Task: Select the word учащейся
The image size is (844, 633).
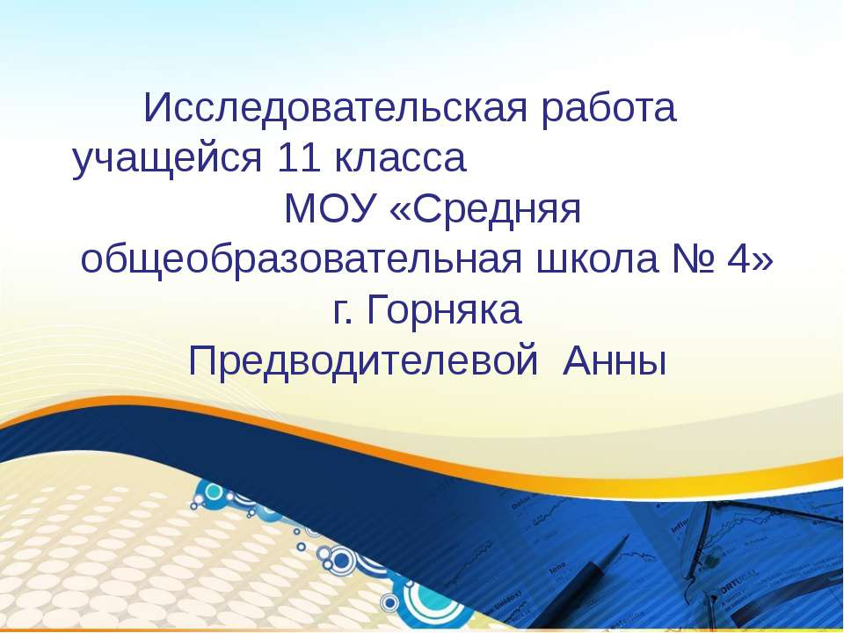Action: [x=167, y=159]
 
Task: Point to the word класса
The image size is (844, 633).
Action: [x=400, y=160]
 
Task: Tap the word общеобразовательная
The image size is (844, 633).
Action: [x=302, y=260]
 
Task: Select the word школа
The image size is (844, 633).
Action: [x=598, y=260]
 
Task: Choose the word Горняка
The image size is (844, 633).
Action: [x=444, y=311]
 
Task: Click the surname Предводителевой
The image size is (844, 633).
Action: [x=363, y=362]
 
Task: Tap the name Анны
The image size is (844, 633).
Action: [x=615, y=361]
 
